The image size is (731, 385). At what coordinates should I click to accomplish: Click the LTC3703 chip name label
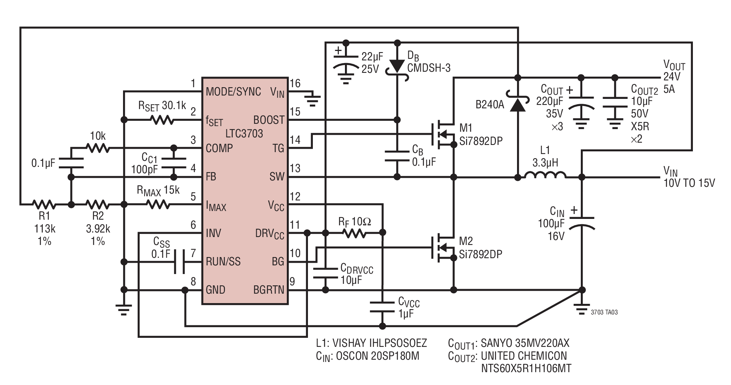244,134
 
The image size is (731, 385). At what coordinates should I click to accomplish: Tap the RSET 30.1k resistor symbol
162,120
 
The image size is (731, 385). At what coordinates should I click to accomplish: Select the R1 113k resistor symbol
45,205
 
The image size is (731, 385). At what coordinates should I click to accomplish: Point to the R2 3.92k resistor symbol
98,205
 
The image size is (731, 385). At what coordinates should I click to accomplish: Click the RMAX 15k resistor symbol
158,205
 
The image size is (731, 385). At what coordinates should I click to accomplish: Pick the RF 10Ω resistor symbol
354,233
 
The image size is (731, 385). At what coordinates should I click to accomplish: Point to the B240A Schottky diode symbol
518,104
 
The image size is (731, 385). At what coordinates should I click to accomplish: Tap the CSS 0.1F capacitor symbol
179,262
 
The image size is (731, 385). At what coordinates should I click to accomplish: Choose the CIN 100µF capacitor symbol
582,223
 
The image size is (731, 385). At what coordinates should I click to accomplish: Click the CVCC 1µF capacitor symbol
382,307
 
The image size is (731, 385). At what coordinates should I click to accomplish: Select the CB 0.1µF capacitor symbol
397,157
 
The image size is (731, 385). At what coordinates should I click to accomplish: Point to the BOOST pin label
269,120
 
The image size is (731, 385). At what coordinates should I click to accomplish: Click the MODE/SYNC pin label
233,92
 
